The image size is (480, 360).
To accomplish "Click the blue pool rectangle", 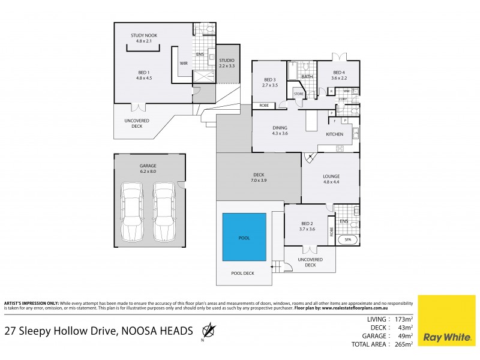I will tap(245, 237).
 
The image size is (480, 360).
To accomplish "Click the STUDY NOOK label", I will tap(144, 36).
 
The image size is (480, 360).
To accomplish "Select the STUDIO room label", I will tap(227, 61).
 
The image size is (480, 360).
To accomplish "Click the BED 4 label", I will tap(339, 73).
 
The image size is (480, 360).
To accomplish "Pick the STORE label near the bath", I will tap(298, 93).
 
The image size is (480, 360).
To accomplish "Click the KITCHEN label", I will tap(334, 134).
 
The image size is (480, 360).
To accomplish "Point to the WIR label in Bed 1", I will tap(184, 62).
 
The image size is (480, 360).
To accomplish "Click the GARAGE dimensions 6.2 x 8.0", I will tap(148, 172).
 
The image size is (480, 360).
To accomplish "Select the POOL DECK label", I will tap(244, 272).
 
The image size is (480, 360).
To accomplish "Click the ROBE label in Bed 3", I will tap(263, 106).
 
